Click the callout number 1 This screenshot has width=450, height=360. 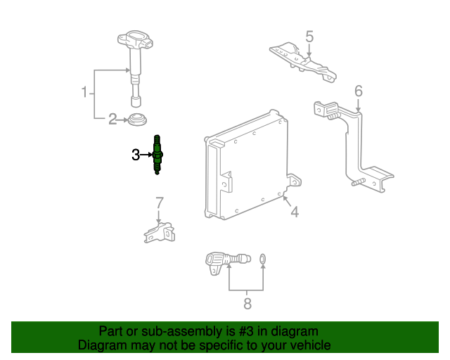coord(84,92)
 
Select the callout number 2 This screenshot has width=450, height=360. coord(112,119)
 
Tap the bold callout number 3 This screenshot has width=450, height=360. coord(136,155)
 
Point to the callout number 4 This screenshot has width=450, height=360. coord(295,212)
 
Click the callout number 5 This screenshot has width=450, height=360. coord(309,37)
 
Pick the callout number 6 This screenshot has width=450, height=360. coord(359,91)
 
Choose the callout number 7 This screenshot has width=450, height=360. coord(160,202)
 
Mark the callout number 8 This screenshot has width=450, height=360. coord(247,304)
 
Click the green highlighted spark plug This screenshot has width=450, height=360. coord(157,155)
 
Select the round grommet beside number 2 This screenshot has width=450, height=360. coord(137,120)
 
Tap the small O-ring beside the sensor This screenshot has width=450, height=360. coord(262,259)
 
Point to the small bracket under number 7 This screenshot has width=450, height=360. coord(160,233)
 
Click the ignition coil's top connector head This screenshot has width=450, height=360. coord(135,39)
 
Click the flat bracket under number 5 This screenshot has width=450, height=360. coord(304,63)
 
